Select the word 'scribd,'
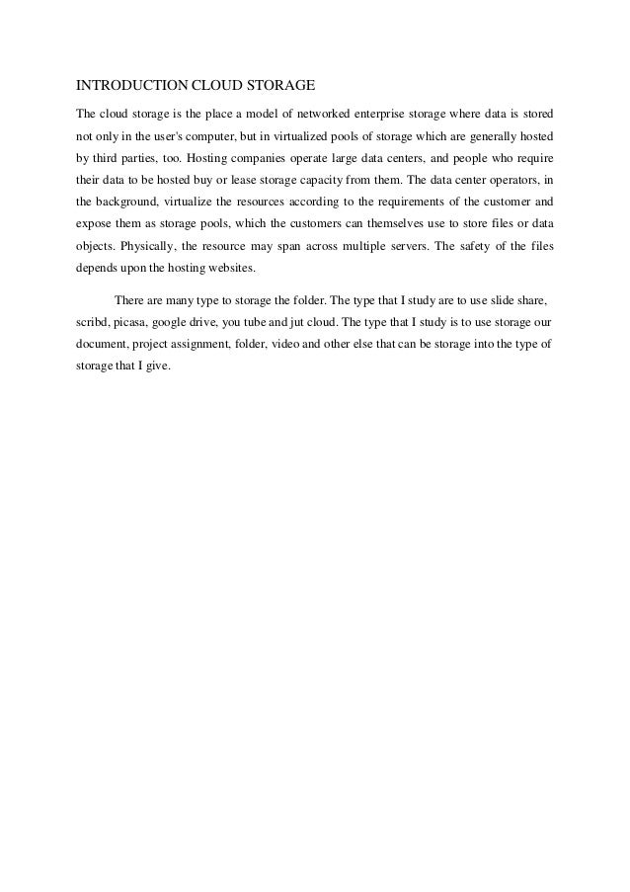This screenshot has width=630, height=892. (x=95, y=322)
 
